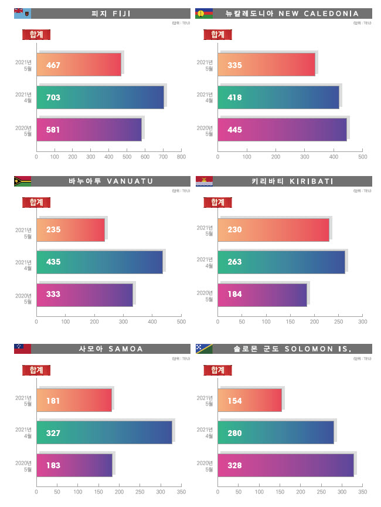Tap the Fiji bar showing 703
100,97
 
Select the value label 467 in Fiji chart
53,65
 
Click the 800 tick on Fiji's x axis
181,157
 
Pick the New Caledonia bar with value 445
281,130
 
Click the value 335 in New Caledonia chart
234,65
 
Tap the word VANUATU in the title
130,181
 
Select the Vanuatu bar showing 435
100,262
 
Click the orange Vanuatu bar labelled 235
70,229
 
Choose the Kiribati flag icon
203,181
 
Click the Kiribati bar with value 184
262,294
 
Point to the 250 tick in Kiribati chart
339,322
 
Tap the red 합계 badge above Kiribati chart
217,202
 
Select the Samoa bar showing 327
104,432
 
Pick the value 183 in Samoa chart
53,465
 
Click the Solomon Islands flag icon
203,349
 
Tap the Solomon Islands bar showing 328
285,465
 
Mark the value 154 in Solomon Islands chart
234,400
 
